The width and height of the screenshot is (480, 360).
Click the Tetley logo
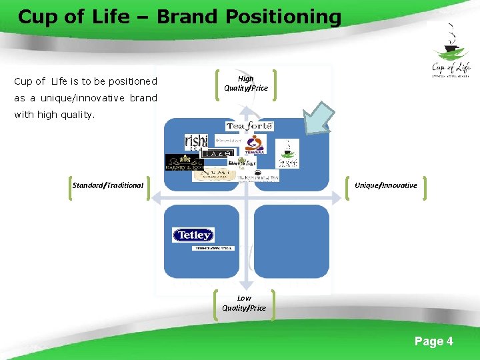(193, 235)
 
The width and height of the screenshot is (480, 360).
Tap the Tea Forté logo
(249, 126)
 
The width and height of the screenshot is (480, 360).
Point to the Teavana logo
(254, 143)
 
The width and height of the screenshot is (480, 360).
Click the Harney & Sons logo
(185, 163)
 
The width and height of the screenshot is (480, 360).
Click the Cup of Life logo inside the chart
(288, 153)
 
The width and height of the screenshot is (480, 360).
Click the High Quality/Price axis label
(245, 83)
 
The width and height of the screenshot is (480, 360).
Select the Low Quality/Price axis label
(244, 303)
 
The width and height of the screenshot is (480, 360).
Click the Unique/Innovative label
(386, 185)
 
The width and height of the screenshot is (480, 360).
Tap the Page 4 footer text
(433, 341)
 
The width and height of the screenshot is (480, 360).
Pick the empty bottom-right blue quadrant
(291, 241)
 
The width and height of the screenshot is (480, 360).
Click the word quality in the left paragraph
(76, 115)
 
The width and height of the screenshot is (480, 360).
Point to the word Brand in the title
(185, 17)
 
